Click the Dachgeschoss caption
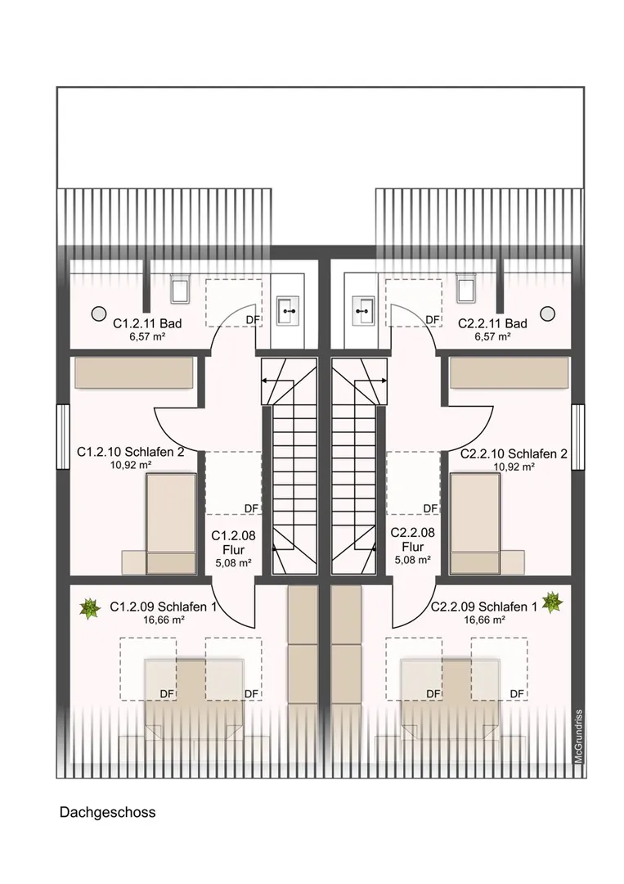[x=108, y=813]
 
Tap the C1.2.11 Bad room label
[x=147, y=323]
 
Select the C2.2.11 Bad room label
[x=493, y=323]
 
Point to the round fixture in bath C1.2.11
[x=99, y=313]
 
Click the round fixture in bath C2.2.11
[x=547, y=313]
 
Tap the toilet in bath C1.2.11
[x=180, y=289]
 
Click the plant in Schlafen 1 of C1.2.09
[x=89, y=608]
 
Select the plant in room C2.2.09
[x=552, y=602]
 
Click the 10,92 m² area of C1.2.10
[x=131, y=465]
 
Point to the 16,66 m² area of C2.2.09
[x=484, y=620]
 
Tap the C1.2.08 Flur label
[x=233, y=543]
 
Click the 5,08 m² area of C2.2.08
[x=413, y=560]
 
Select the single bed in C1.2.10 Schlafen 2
[x=171, y=524]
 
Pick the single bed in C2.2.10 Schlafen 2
[x=475, y=524]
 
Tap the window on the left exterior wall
[x=62, y=437]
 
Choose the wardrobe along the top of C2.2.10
[x=510, y=372]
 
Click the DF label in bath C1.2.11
[x=253, y=320]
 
